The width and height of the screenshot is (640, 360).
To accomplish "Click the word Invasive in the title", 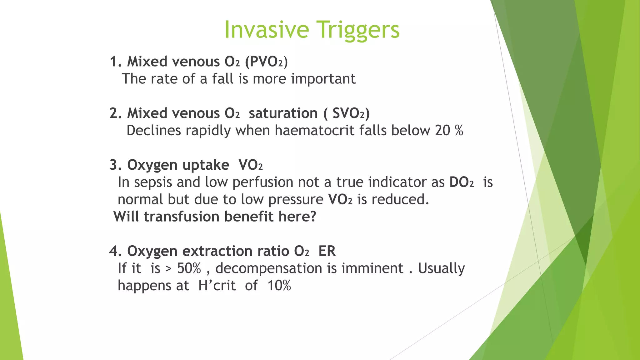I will [267, 30].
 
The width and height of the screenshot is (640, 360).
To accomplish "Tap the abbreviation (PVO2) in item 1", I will [266, 62].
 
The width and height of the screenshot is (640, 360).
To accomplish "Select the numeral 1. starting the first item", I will [116, 62].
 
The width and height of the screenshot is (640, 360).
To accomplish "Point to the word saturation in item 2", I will [283, 113].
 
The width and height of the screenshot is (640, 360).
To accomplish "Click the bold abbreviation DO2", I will [462, 182].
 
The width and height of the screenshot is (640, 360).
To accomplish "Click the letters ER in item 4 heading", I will [327, 251].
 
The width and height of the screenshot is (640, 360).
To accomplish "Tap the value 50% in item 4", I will [189, 268].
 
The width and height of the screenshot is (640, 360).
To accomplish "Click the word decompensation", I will [269, 268].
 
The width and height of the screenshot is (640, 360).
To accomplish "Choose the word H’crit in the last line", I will [217, 286].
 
